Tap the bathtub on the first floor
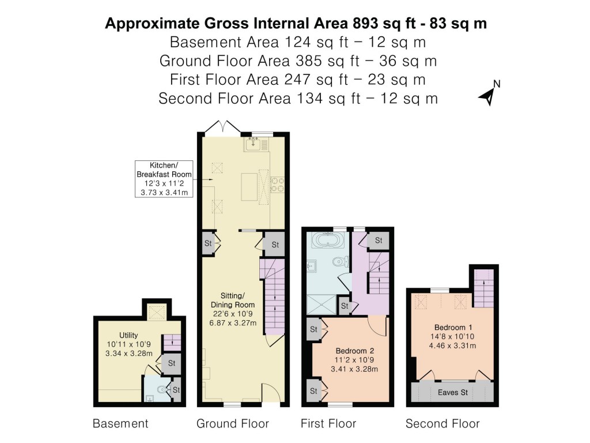(x=327, y=240)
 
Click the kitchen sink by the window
(x=254, y=145)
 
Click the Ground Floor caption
(x=233, y=424)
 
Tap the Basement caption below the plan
(x=120, y=424)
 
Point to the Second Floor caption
(x=442, y=424)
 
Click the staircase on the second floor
(x=485, y=288)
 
